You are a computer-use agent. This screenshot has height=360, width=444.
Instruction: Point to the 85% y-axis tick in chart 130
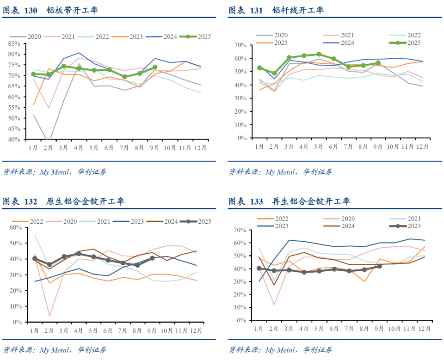click(x=14, y=43)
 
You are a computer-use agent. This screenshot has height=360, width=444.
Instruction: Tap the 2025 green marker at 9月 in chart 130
click(x=154, y=67)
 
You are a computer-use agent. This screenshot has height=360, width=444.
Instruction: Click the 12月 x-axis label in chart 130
click(x=200, y=147)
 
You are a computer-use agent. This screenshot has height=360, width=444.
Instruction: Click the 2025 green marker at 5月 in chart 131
click(x=319, y=54)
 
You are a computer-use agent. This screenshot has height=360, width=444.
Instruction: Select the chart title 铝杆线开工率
click(x=298, y=10)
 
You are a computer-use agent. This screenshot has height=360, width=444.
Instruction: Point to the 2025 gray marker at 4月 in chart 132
click(x=79, y=254)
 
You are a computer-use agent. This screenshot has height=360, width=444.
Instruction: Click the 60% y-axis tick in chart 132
click(x=16, y=227)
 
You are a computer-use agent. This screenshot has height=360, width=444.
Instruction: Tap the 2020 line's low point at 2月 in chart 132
click(x=49, y=316)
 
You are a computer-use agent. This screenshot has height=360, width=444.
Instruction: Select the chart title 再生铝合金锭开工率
click(x=311, y=201)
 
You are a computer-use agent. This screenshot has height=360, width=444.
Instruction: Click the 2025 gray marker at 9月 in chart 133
click(x=379, y=266)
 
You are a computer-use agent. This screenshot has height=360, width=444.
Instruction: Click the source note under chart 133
click(x=280, y=349)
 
